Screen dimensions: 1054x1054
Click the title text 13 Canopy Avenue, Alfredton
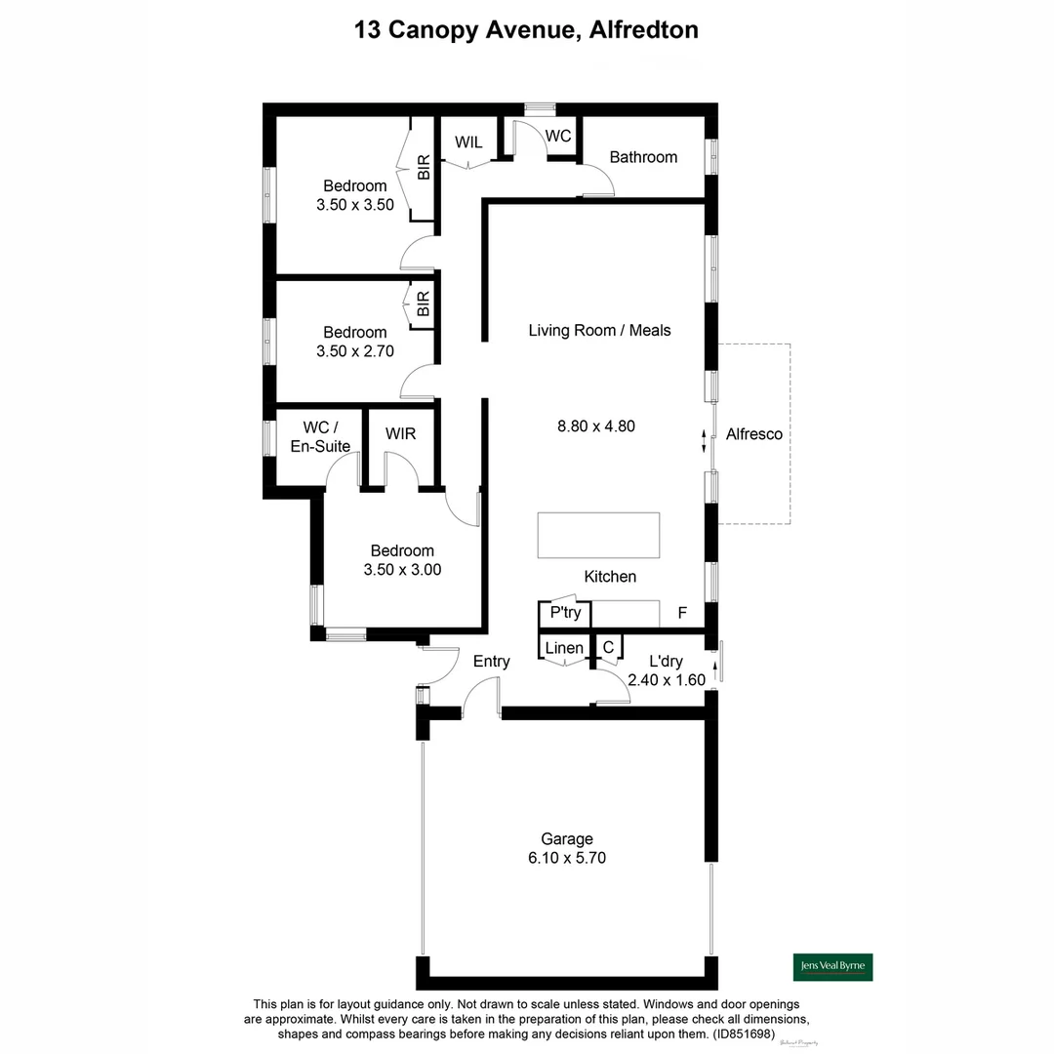[x=526, y=30]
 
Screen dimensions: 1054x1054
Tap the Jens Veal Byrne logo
[x=831, y=966]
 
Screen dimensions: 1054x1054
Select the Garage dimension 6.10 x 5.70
[x=567, y=858]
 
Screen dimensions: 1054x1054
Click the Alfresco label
[x=754, y=434]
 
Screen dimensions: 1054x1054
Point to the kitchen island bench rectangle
[x=598, y=535]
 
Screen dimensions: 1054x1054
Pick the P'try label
[x=565, y=613]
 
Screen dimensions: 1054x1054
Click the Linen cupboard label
[x=564, y=648]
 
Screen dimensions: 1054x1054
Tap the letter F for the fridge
[x=683, y=615]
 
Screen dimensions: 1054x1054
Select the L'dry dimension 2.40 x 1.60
[x=666, y=680]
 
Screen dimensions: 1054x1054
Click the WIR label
[x=400, y=433]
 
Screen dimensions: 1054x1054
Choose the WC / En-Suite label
[x=320, y=437]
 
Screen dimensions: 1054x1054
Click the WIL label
[x=468, y=142]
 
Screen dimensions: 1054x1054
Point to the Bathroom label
[x=643, y=157]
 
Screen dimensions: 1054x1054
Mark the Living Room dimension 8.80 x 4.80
[x=596, y=426]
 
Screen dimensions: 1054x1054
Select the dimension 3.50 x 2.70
[x=355, y=351]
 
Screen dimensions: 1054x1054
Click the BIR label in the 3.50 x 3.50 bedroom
[x=424, y=168]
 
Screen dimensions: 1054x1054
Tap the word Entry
[x=491, y=662]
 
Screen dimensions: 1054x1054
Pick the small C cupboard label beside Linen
[x=608, y=647]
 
